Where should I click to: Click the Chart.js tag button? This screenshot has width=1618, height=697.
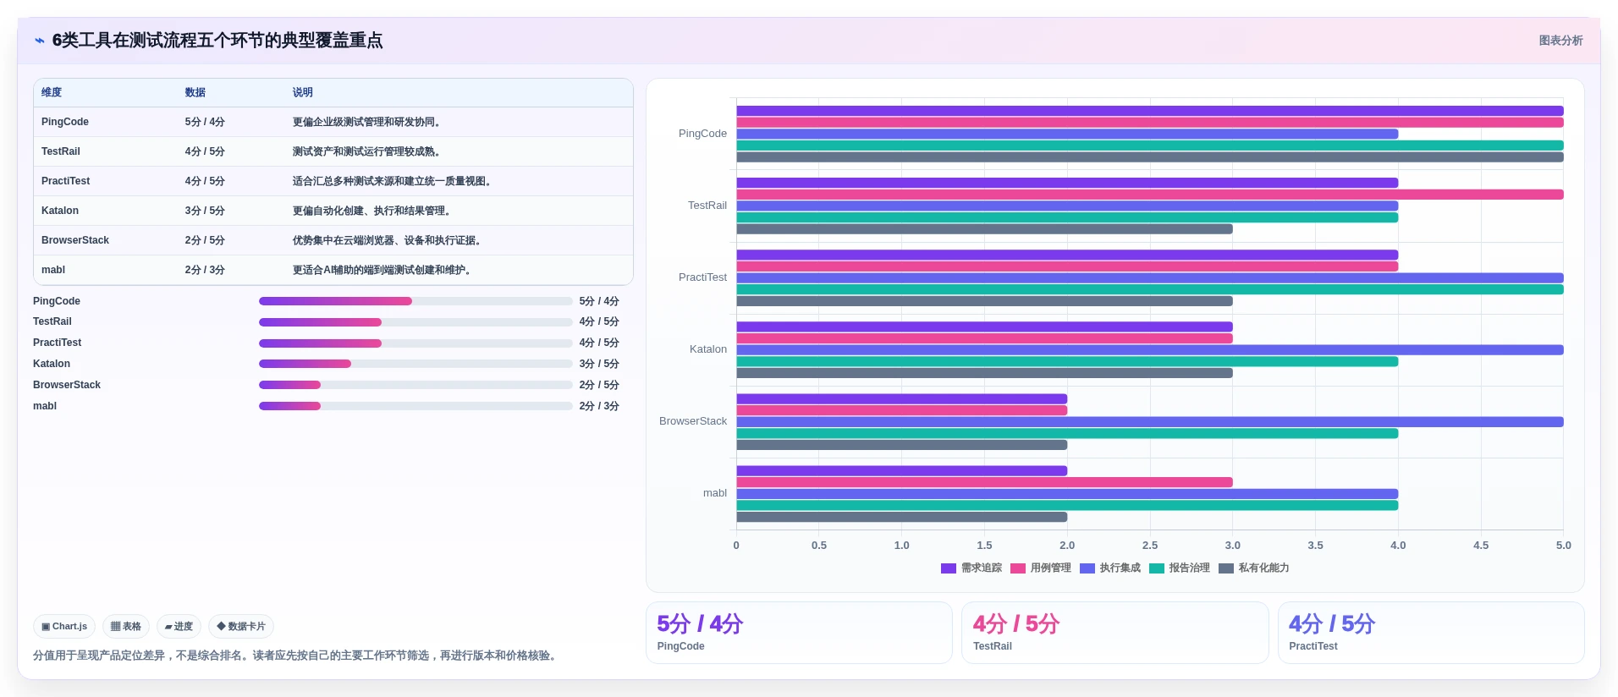pyautogui.click(x=64, y=626)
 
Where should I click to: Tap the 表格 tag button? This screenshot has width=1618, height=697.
pyautogui.click(x=126, y=626)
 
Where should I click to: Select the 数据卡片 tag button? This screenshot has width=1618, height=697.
pyautogui.click(x=241, y=626)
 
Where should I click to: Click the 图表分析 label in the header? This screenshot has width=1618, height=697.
pyautogui.click(x=1560, y=41)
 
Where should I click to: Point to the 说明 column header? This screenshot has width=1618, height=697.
pyautogui.click(x=303, y=92)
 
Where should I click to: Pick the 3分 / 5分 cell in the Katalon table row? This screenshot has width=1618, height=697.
pyautogui.click(x=205, y=211)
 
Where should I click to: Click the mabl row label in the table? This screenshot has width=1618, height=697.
pyautogui.click(x=53, y=270)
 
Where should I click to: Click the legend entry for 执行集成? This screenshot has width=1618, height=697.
pyautogui.click(x=1110, y=568)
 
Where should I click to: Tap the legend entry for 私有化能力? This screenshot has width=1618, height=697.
pyautogui.click(x=1254, y=568)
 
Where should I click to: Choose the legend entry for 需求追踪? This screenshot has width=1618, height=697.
pyautogui.click(x=971, y=568)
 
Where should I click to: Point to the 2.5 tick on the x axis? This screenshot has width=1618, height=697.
pyautogui.click(x=1150, y=546)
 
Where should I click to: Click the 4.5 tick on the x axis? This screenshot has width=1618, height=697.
pyautogui.click(x=1481, y=546)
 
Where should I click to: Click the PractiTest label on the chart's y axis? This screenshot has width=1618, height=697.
pyautogui.click(x=702, y=277)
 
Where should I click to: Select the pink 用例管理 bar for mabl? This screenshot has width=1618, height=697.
pyautogui.click(x=984, y=482)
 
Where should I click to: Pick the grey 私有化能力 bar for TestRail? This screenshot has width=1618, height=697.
pyautogui.click(x=984, y=229)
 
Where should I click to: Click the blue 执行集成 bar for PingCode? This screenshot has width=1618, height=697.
pyautogui.click(x=1067, y=134)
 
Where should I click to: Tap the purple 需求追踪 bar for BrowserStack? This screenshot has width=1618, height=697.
pyautogui.click(x=902, y=398)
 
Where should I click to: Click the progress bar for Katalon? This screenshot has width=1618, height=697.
pyautogui.click(x=416, y=364)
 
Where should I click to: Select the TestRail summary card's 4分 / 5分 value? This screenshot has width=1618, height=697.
pyautogui.click(x=1015, y=624)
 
